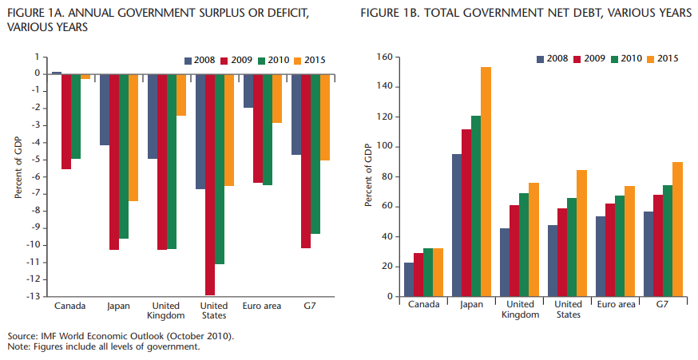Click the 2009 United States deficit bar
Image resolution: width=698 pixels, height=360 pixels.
tap(210, 184)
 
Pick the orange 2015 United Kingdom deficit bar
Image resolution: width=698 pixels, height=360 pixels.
tap(181, 94)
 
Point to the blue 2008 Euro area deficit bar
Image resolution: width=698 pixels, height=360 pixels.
tap(248, 90)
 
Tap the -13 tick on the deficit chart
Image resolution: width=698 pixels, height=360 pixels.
tap(34, 296)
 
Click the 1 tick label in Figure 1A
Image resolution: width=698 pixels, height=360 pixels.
tap(37, 57)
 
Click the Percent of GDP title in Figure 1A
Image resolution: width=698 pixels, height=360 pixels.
tap(17, 168)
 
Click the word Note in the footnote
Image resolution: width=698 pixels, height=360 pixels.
tap(17, 347)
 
